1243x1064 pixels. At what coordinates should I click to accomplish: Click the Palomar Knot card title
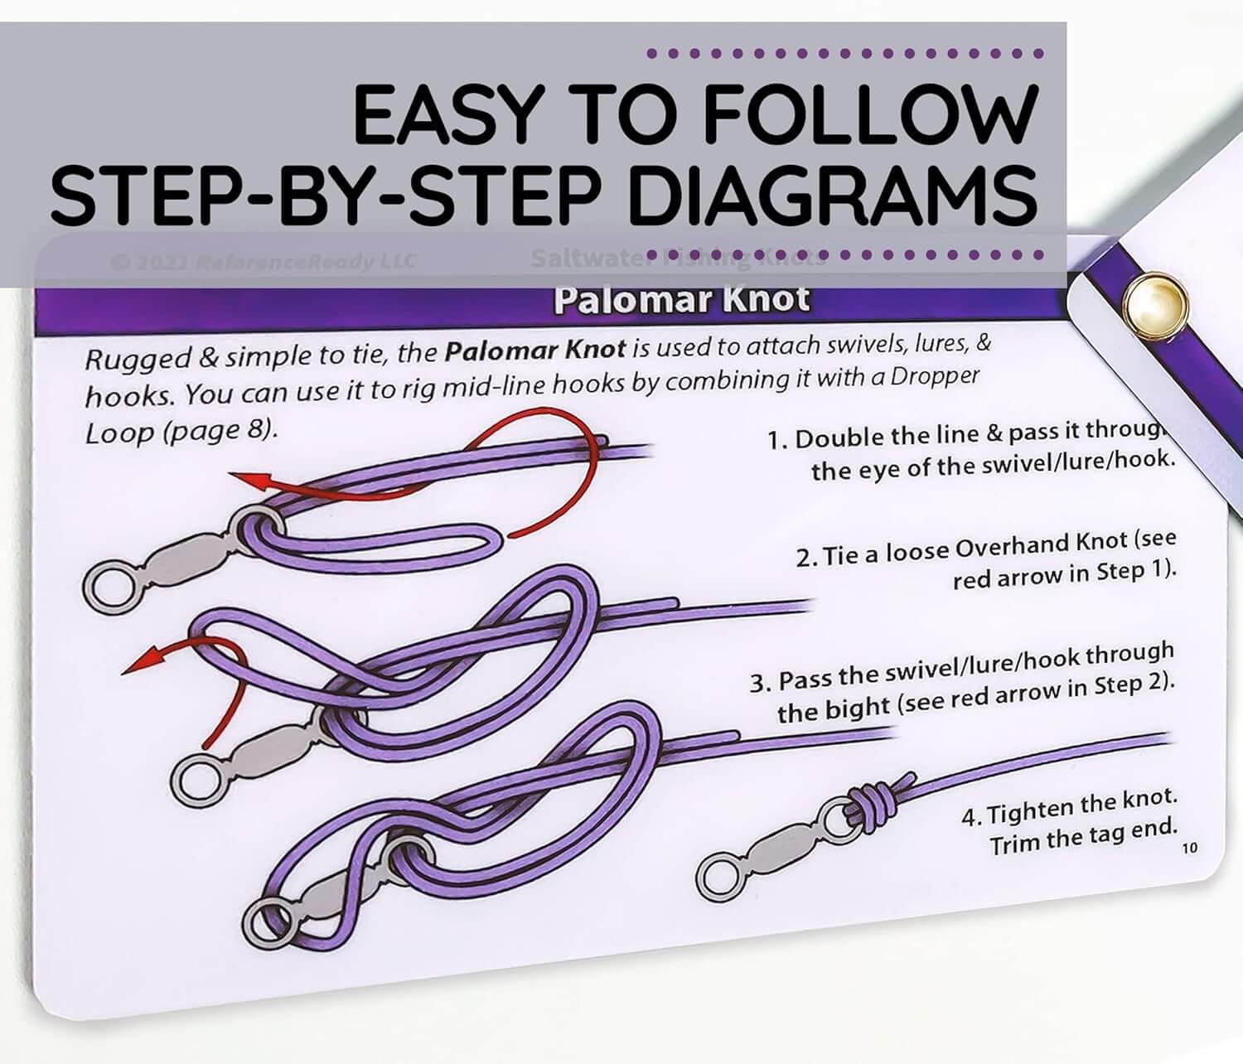click(x=681, y=299)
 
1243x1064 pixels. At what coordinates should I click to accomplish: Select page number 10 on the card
click(x=1189, y=848)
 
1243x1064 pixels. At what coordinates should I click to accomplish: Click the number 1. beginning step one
click(x=776, y=440)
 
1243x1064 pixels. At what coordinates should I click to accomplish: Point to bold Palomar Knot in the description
click(x=534, y=350)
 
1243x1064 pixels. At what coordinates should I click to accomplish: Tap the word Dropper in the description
click(x=935, y=377)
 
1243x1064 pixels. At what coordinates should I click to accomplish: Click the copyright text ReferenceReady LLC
click(x=307, y=262)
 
